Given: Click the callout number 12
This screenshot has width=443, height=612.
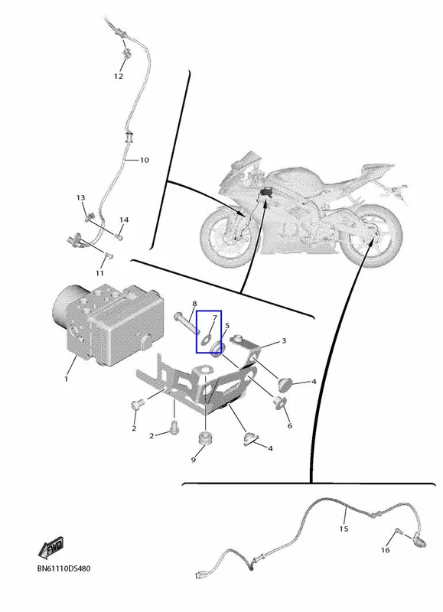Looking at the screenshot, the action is click(x=119, y=76).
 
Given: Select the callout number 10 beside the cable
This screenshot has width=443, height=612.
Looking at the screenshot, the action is click(x=145, y=160).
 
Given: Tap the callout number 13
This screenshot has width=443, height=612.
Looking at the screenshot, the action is click(x=80, y=198).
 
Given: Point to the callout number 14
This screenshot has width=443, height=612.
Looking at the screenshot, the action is click(x=124, y=220).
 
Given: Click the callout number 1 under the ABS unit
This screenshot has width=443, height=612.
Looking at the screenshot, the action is click(x=66, y=379).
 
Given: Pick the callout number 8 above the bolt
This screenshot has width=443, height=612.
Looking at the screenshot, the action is click(x=194, y=304).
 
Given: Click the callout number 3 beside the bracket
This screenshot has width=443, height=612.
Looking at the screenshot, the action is click(x=284, y=340).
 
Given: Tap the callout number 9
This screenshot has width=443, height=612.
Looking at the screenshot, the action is click(x=194, y=461).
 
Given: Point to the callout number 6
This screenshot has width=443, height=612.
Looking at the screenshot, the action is click(x=290, y=425).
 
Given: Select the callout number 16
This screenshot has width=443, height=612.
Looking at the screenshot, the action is click(x=386, y=550).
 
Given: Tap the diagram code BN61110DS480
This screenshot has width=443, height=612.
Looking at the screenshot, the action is click(x=64, y=568).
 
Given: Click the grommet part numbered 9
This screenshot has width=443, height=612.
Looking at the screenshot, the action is click(x=206, y=438).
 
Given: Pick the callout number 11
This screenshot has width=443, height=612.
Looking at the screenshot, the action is click(x=99, y=273).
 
